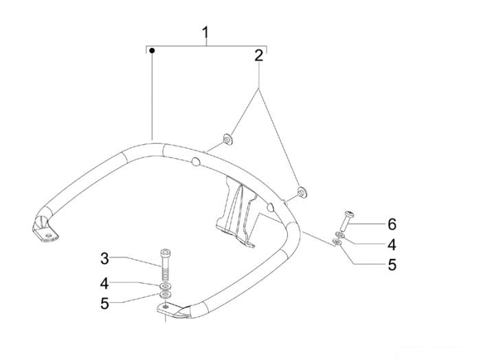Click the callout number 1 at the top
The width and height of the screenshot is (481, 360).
pos(205,32)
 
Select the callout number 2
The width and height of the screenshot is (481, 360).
pos(258,56)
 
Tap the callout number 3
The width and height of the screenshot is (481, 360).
pos(104,258)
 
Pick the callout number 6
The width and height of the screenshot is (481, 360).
pos(392,224)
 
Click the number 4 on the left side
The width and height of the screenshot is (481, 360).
pos(104,284)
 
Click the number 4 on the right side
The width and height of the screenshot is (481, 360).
pos(392,245)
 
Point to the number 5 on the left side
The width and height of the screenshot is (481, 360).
pos(104,304)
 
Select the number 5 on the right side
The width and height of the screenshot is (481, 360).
pos(392,265)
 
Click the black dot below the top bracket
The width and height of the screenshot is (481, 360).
pos(152,50)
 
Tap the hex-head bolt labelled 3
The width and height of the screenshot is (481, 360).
pos(166,265)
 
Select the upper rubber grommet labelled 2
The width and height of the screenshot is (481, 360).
pos(227,139)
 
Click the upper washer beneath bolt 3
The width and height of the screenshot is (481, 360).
pos(166,286)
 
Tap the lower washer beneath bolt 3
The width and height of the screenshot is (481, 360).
pos(166,295)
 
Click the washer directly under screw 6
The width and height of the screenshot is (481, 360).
pos(340,235)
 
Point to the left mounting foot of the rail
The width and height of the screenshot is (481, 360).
pos(45,229)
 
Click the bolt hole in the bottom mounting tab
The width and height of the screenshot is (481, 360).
pos(166,306)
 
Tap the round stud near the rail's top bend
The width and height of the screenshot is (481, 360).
pos(195,161)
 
